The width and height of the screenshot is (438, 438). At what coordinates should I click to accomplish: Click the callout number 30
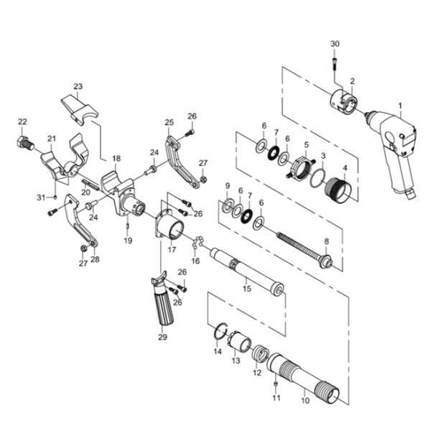pos(335,45)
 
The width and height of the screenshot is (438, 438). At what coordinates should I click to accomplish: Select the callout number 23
pos(78,87)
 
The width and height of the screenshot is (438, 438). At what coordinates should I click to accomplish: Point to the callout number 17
pos(172,250)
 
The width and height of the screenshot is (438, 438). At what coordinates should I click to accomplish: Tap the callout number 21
pos(51,139)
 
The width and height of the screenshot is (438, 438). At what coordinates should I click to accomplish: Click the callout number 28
pos(95,258)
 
